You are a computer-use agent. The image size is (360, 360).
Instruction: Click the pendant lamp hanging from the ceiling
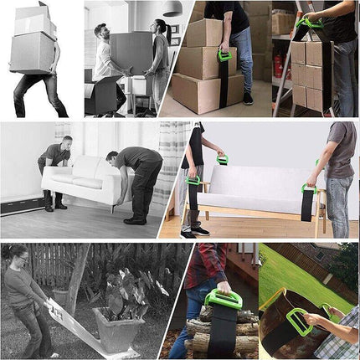coord(172,8)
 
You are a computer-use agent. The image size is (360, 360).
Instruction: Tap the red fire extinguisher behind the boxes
coord(278,66)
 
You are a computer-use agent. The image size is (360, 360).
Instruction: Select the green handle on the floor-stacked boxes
coord(224,55)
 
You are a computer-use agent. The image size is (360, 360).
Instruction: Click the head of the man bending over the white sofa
coord(112,157)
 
